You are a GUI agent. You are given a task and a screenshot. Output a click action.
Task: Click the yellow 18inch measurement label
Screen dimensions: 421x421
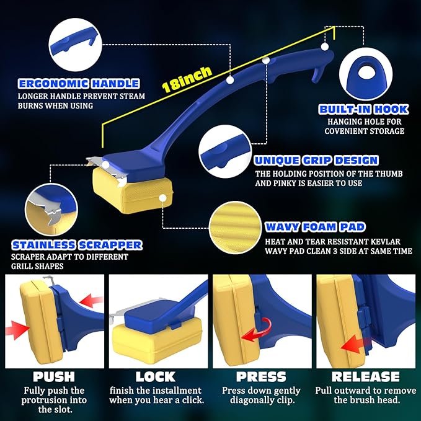(x=187, y=79)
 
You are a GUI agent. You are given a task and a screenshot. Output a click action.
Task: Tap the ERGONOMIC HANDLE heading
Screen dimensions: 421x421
(x=79, y=84)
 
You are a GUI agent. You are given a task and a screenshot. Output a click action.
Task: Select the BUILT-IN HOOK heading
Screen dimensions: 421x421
(x=364, y=109)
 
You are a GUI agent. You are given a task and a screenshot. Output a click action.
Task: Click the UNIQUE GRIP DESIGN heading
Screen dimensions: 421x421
(x=316, y=161)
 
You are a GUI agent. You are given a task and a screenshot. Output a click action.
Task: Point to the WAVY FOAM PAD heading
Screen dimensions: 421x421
(x=315, y=227)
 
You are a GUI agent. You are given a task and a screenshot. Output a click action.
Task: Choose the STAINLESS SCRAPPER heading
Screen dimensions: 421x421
(x=77, y=245)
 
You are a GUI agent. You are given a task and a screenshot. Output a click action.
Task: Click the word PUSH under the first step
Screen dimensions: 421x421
(x=54, y=377)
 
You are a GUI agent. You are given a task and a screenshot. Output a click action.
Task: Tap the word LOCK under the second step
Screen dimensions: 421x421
(x=156, y=377)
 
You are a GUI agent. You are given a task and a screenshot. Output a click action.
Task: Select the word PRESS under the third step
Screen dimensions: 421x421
(x=261, y=377)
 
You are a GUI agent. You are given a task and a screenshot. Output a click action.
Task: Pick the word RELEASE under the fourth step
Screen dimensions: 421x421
(x=366, y=377)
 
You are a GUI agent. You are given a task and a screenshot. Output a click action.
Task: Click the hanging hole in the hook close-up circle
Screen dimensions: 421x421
(x=365, y=72)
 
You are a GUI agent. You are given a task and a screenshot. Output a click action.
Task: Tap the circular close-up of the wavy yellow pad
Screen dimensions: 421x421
(x=235, y=228)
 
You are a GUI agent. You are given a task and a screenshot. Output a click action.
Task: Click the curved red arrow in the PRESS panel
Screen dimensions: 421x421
(x=257, y=330)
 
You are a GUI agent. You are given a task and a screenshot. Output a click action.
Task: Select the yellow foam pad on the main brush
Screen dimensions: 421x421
(x=133, y=190)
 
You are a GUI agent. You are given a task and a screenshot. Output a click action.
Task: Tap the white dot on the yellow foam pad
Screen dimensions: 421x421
(x=162, y=198)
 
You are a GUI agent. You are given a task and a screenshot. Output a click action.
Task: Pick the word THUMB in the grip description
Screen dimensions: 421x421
(x=387, y=174)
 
